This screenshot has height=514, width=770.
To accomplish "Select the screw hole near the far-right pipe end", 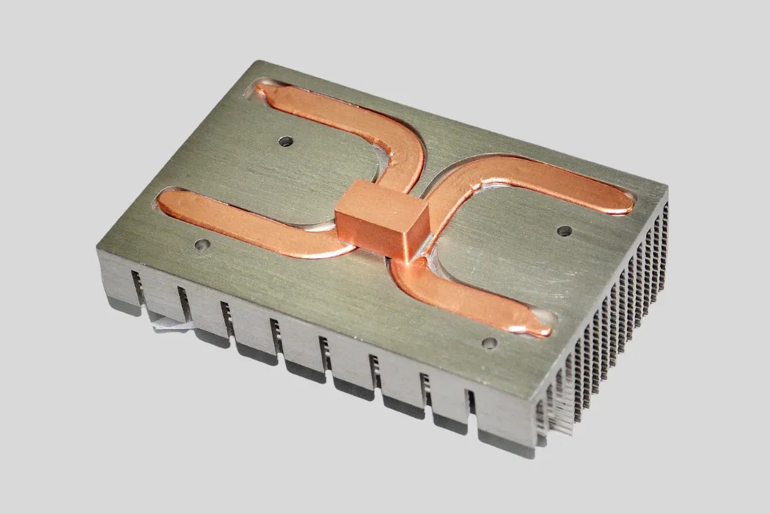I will [563, 231].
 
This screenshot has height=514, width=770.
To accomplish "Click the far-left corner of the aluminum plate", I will [98, 250].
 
